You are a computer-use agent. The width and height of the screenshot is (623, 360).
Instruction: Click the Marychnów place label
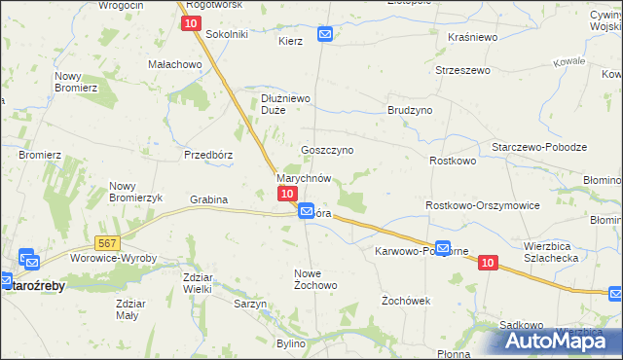pyautogui.click(x=305, y=179)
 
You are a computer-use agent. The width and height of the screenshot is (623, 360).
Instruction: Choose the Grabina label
pyautogui.click(x=208, y=200)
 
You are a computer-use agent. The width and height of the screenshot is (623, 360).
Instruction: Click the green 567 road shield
pyautogui.click(x=108, y=240)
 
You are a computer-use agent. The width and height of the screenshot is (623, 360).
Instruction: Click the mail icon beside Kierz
pyautogui.click(x=324, y=34)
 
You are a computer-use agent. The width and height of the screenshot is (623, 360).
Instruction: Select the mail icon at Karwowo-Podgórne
pyautogui.click(x=443, y=248)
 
